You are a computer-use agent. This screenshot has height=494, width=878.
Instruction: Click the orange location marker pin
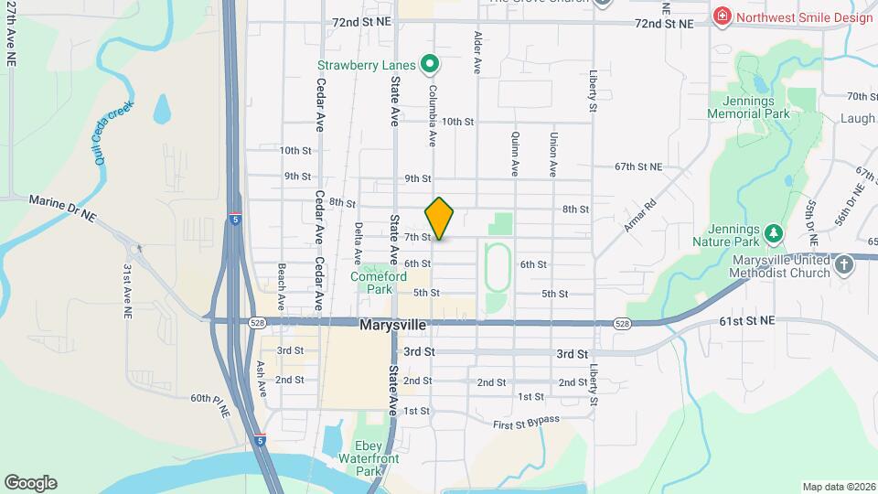click(x=440, y=218)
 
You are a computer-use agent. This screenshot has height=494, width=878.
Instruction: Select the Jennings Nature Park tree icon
click(x=774, y=234)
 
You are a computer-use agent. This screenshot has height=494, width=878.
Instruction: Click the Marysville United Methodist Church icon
click(x=844, y=265)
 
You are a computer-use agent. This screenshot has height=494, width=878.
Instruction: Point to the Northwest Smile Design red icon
click(x=723, y=17)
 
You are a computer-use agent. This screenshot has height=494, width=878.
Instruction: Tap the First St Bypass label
click(x=526, y=421)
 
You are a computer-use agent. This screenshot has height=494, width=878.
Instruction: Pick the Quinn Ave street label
click(x=514, y=152)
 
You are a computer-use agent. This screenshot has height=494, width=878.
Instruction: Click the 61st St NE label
click(x=746, y=321)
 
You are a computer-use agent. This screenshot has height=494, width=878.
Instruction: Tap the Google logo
click(x=30, y=483)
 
